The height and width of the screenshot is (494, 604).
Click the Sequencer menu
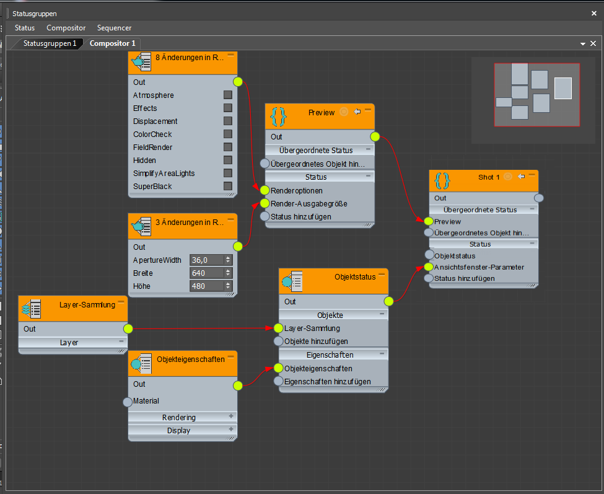(114, 28)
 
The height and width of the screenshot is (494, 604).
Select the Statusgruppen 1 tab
(50, 43)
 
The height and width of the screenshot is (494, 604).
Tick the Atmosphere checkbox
(228, 95)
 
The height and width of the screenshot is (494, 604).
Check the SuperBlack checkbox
(228, 186)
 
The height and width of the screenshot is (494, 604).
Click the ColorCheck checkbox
(228, 134)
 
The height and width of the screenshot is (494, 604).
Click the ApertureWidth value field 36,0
(207, 260)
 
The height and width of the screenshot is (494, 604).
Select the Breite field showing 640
(207, 273)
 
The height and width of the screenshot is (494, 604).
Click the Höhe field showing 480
(207, 286)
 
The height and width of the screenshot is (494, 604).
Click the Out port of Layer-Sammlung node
(128, 329)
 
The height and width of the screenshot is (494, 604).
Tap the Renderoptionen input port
(265, 190)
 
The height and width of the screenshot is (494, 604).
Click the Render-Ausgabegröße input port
(265, 203)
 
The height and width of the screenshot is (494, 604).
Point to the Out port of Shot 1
(539, 198)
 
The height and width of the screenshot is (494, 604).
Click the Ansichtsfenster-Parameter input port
(429, 267)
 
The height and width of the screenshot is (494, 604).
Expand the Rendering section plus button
(231, 417)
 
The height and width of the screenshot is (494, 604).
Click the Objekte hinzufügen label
(316, 341)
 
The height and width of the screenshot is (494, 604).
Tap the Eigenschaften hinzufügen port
(279, 381)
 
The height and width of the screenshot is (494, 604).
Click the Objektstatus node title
(355, 277)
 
